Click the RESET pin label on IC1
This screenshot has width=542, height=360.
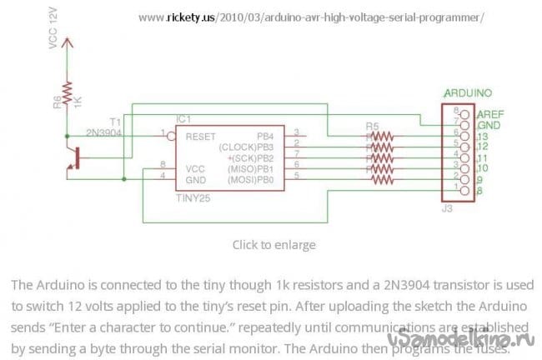[201, 134]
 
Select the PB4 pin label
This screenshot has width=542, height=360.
[267, 134]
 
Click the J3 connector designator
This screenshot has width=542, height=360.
[446, 208]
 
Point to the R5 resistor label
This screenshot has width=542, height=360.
[374, 126]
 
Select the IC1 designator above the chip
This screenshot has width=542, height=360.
[183, 119]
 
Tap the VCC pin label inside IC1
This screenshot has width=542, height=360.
[194, 167]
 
